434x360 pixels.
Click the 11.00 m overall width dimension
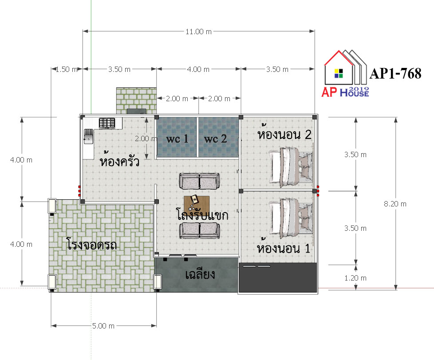(x=198, y=32)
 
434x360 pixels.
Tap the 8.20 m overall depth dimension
(x=395, y=204)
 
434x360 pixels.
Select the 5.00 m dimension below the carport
(x=103, y=326)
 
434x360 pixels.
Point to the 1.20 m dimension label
(x=355, y=278)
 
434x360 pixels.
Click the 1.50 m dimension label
(x=67, y=69)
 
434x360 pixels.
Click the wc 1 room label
(x=177, y=138)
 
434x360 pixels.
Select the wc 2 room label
(x=215, y=138)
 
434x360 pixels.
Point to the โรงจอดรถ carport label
(x=91, y=244)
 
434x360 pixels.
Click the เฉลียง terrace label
(x=200, y=274)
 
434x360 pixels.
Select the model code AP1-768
(x=395, y=74)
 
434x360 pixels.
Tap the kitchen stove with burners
(x=107, y=123)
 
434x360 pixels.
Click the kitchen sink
(x=88, y=136)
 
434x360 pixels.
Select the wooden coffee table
(x=197, y=204)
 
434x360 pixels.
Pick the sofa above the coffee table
(x=200, y=181)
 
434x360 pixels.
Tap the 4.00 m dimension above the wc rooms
(x=198, y=69)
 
